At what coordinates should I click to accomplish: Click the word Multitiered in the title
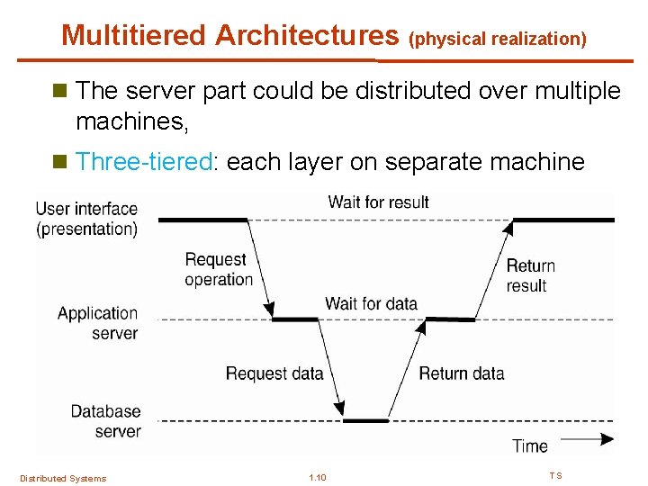point(133,35)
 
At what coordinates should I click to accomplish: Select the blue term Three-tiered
point(144,161)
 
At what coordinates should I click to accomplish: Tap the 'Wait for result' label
point(378,202)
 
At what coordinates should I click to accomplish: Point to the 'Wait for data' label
point(371,303)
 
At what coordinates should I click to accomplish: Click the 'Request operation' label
point(219,269)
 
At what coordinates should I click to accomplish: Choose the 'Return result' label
point(531,275)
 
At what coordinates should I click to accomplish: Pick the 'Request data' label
point(274,373)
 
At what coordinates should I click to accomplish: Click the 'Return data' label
point(462,373)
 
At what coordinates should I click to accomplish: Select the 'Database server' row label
point(106,421)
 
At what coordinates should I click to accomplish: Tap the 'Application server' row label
point(98,323)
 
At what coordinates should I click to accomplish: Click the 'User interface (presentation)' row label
point(86,219)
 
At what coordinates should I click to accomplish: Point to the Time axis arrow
point(587,439)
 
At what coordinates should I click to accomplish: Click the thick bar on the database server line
point(365,420)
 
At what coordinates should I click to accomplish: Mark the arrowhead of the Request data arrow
point(339,409)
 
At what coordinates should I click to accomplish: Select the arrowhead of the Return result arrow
point(508,228)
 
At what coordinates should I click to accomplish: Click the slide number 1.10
point(318,478)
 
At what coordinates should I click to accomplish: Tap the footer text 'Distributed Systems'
point(63,479)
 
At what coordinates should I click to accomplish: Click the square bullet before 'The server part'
point(60,90)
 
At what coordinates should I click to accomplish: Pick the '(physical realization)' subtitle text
point(498,40)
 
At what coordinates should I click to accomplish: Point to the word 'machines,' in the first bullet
point(132,121)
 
